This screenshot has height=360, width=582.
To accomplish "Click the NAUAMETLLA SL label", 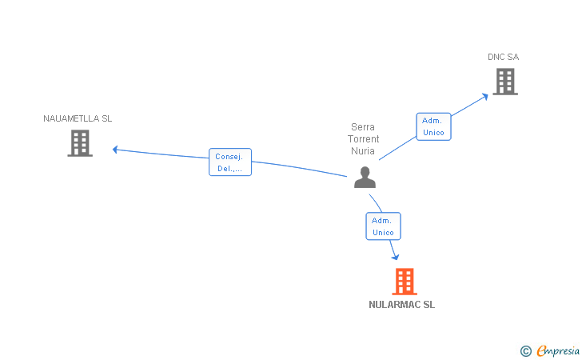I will point(78,118).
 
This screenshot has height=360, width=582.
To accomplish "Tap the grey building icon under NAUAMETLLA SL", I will point(80,143).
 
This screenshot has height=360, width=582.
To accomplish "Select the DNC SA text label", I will point(504,57).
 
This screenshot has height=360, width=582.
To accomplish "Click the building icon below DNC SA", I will point(504,82).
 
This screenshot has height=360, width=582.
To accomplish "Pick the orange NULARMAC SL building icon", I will point(405,281).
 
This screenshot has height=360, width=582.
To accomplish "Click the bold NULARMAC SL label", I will point(402,305).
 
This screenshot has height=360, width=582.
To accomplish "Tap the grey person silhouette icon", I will point(365,178).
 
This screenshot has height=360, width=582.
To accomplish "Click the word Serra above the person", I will point(363,127).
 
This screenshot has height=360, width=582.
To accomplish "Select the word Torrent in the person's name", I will point(364,139).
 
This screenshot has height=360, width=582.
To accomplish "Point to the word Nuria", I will point(363,151).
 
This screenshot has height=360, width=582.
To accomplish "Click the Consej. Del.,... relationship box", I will point(230,162).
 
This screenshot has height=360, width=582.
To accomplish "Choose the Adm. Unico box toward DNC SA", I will point(433,126).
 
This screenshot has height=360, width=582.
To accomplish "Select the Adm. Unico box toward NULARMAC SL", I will point(383,226).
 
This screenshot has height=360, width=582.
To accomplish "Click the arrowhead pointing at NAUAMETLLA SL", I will point(116,149).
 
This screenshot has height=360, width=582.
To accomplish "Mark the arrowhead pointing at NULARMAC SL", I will point(395,257).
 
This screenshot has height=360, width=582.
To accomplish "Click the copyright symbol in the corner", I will point(525,350).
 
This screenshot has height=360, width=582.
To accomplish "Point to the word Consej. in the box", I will point(229,157).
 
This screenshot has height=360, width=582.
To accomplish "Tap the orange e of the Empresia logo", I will point(541,351).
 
